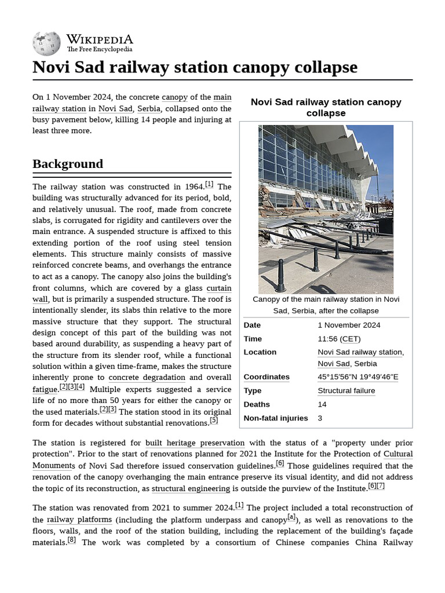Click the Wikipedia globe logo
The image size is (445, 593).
pos(46,42)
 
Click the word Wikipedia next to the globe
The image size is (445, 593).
pos(99,39)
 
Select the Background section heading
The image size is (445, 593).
pos(68,164)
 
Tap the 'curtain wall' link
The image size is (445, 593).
pos(218,288)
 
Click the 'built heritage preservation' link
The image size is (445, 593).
pos(195,443)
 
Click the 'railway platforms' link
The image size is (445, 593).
pos(79,520)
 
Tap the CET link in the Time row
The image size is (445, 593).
pos(349,339)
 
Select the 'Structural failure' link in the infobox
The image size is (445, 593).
pos(346,391)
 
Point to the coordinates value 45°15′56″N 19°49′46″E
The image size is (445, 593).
pos(358,377)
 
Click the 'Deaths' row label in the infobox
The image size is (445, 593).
pos(257,404)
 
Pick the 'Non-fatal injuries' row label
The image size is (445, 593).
pos(276,418)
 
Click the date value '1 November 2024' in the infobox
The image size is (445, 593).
pos(349,325)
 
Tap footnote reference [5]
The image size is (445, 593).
pos(214,420)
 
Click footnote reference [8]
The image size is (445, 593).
pos(71,540)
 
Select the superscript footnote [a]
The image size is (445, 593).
pos(291,517)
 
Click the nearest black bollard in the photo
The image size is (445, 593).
pos(280,276)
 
